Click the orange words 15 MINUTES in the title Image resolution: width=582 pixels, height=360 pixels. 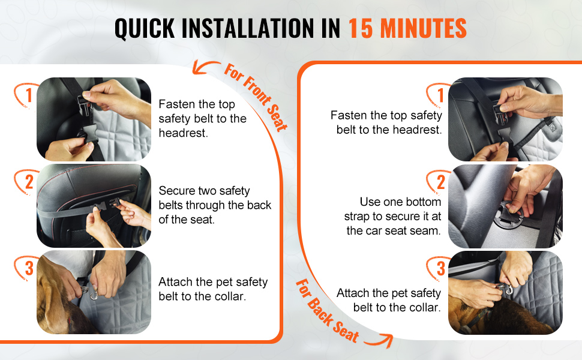(x=407, y=28)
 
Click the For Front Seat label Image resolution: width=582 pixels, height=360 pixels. (x=256, y=97)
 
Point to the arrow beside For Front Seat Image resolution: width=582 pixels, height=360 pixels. (x=205, y=65)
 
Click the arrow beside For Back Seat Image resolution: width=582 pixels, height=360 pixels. (x=379, y=340)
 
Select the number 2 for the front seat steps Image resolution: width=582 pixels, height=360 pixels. (x=29, y=182)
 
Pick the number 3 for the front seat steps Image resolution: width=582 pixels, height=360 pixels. (x=29, y=268)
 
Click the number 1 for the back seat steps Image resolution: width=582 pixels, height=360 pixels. (x=440, y=95)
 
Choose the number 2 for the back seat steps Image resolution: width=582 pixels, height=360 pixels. (x=440, y=182)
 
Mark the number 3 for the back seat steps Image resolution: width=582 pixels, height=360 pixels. (x=440, y=268)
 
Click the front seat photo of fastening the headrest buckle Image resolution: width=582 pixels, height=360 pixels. (x=94, y=119)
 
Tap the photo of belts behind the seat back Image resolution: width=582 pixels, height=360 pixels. (x=94, y=206)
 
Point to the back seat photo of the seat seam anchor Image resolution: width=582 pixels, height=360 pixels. (x=506, y=206)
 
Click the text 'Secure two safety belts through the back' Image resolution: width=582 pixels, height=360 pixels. (x=215, y=198)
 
